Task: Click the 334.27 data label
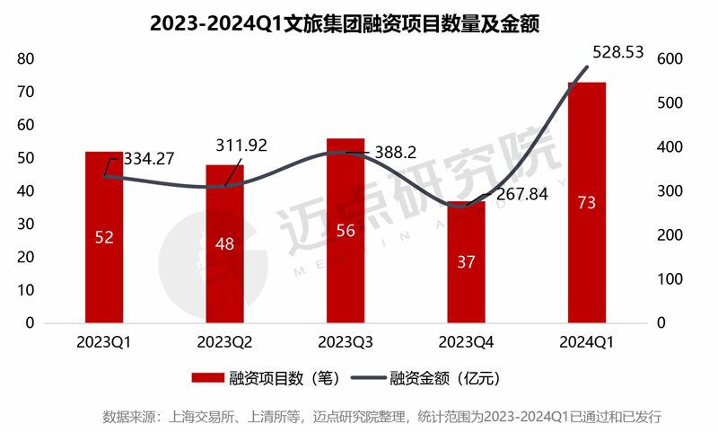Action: tap(149, 159)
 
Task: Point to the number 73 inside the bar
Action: tap(587, 203)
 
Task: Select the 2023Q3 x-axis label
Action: tap(346, 342)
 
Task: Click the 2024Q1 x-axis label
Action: tap(587, 342)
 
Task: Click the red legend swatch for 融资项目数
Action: tap(207, 378)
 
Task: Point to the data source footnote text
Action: tap(382, 417)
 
